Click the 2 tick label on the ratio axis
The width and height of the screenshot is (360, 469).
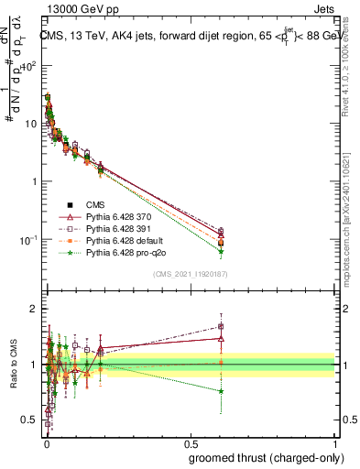pyautogui.click(x=33, y=309)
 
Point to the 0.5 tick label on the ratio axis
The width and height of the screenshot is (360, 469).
pyautogui.click(x=27, y=420)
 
